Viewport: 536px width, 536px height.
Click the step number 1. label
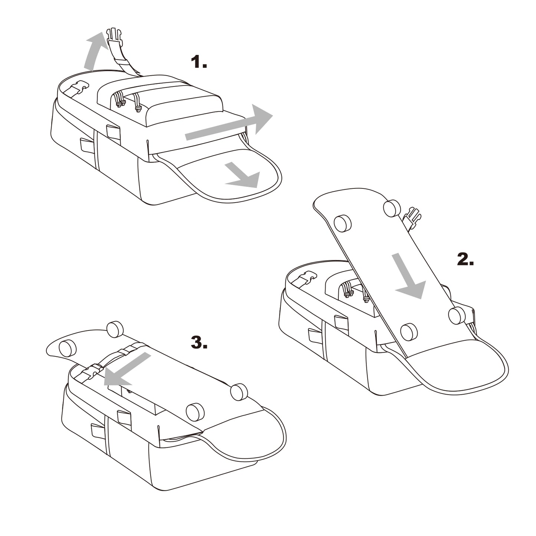(x=198, y=62)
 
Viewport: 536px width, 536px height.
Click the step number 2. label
(x=466, y=260)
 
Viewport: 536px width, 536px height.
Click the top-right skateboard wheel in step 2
(x=392, y=208)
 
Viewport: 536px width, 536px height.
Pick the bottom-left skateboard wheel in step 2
(x=409, y=332)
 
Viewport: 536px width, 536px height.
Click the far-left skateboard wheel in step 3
(x=68, y=349)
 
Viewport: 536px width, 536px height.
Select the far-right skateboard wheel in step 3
(x=239, y=392)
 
